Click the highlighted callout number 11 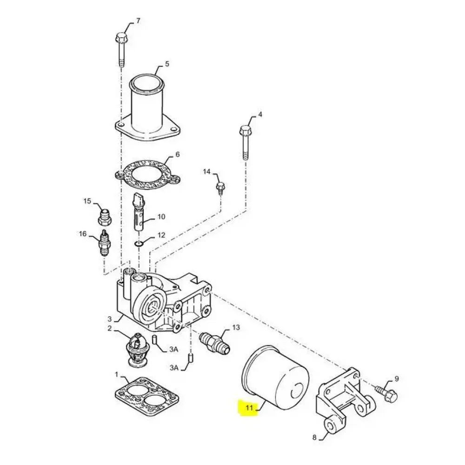[x=249, y=408]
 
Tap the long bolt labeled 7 [x=121, y=49]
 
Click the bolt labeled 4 [x=245, y=142]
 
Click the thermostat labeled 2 [x=136, y=349]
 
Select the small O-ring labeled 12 [x=139, y=244]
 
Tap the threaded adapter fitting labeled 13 [x=215, y=342]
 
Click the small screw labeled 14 [x=220, y=189]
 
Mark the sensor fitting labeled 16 [x=104, y=243]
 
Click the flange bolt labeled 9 [x=386, y=393]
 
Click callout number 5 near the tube [x=167, y=64]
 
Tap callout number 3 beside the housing [x=110, y=319]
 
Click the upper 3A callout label [x=174, y=349]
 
